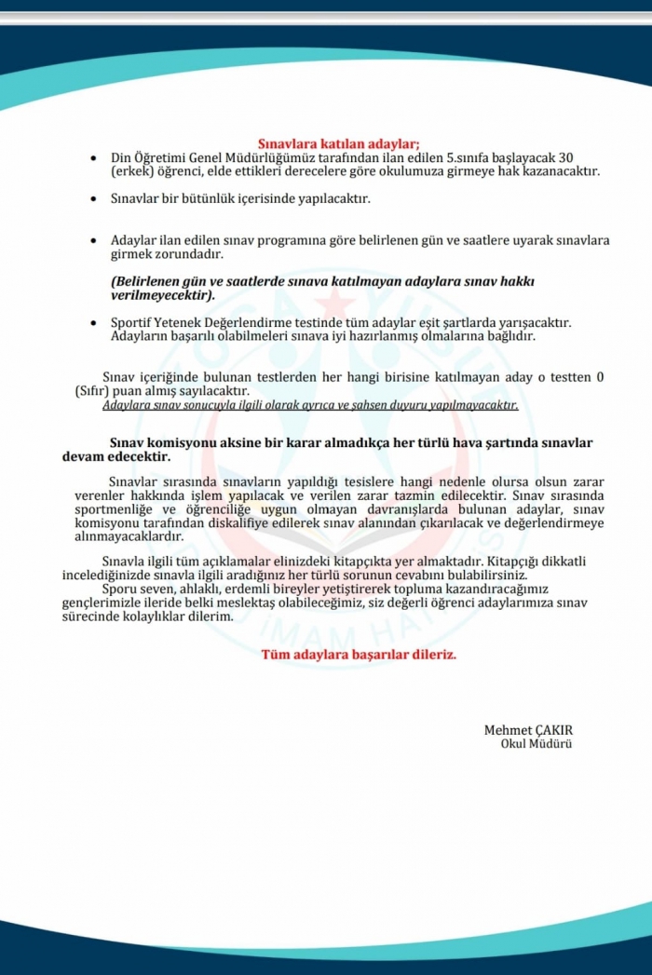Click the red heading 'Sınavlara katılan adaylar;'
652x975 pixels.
click(x=339, y=143)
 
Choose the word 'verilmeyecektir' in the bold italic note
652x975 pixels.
click(x=161, y=295)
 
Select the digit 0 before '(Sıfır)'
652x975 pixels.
click(x=601, y=377)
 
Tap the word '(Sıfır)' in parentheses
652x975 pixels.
click(x=93, y=391)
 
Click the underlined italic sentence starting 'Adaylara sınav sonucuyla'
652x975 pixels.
click(x=310, y=405)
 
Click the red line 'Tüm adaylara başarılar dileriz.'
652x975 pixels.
click(x=359, y=655)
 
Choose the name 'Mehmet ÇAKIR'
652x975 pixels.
click(x=528, y=729)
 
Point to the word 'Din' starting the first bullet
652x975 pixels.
click(x=121, y=157)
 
